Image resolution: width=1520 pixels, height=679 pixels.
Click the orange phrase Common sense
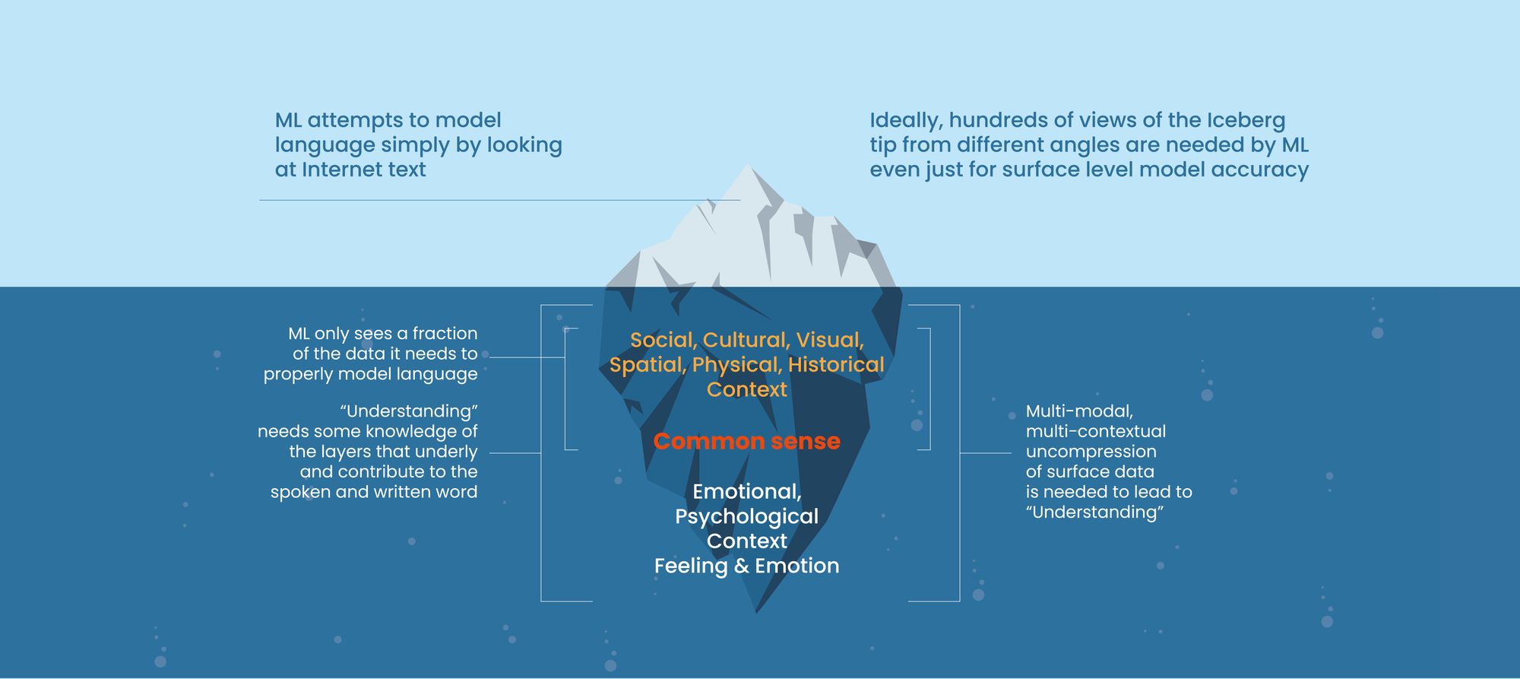click(746, 441)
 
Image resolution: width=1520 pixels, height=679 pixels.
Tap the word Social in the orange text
click(662, 340)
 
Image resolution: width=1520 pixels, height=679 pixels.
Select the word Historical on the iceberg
click(836, 365)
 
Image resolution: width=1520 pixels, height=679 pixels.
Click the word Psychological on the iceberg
click(746, 516)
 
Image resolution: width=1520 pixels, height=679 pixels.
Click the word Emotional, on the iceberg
click(746, 492)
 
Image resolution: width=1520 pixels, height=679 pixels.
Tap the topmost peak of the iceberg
click(748, 167)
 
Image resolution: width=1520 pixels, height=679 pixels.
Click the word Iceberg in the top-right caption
click(1246, 120)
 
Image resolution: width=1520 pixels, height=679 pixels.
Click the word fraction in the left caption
click(445, 333)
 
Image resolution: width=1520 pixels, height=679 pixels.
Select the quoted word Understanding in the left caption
click(409, 411)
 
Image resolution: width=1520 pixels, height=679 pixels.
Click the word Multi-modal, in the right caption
click(1079, 411)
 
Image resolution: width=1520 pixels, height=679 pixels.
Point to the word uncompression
click(1091, 452)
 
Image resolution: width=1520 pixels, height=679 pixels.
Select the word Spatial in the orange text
click(648, 365)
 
